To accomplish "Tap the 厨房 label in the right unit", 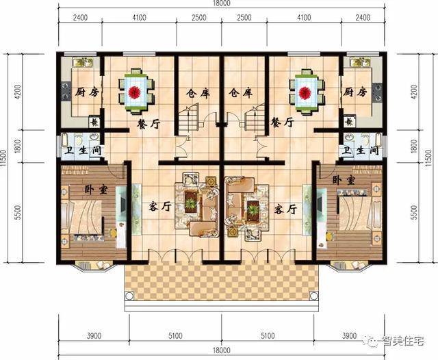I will [x=356, y=92].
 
